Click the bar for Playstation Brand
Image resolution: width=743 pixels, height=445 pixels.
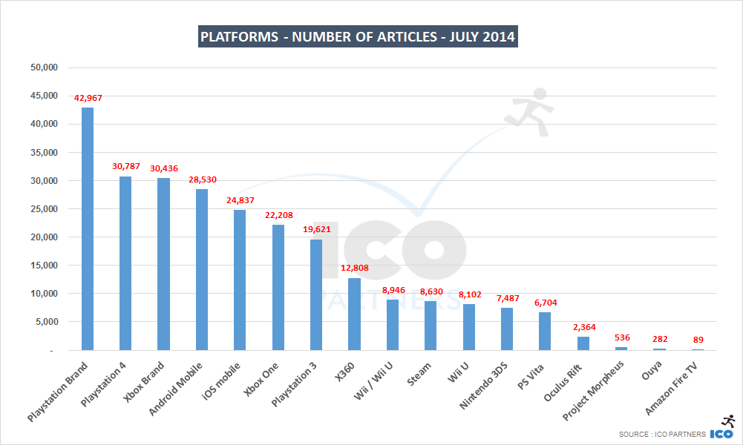[88, 228]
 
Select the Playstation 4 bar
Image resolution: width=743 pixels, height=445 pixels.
[125, 263]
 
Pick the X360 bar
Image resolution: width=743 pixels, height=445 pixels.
[354, 314]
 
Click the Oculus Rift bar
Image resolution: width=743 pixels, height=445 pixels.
[583, 343]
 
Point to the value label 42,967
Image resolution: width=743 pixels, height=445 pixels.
[88, 98]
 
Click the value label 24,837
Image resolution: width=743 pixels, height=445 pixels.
[240, 200]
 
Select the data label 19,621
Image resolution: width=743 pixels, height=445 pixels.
[316, 230]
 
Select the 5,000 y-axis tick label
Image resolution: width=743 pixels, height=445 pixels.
[45, 322]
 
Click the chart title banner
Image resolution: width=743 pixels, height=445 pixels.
[358, 36]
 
